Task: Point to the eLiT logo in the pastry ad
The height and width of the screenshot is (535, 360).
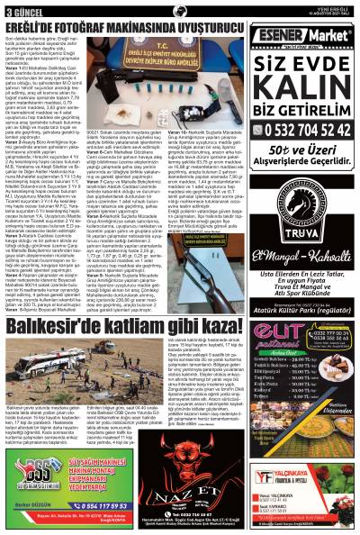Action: [x=283, y=336]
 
